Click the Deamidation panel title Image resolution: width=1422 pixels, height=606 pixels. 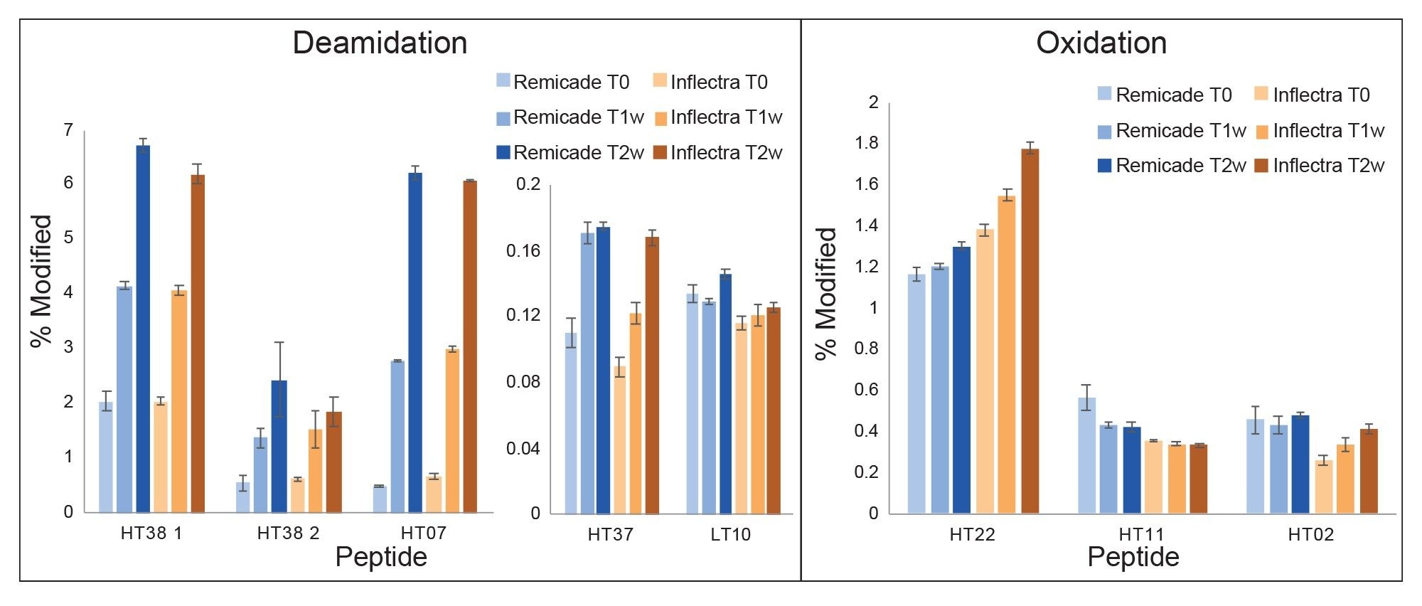[380, 43]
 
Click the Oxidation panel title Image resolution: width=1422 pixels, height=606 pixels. [1101, 43]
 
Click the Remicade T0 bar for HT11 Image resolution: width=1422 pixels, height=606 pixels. [1087, 455]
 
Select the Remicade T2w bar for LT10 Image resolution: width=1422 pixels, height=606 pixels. [725, 394]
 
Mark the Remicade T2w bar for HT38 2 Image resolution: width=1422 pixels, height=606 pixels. [279, 446]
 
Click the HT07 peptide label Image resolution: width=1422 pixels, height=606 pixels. [424, 533]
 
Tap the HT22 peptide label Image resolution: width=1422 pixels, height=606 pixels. [972, 535]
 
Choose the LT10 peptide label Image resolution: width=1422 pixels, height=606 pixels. [730, 535]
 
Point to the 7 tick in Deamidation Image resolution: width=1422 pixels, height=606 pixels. [68, 130]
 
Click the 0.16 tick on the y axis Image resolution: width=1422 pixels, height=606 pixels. [523, 250]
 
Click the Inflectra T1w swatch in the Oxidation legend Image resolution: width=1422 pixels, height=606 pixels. [1263, 132]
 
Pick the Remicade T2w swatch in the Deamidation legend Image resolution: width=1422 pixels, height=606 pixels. [503, 152]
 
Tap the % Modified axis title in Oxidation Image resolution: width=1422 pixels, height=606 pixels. [826, 293]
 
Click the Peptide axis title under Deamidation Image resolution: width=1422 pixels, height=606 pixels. [380, 557]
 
